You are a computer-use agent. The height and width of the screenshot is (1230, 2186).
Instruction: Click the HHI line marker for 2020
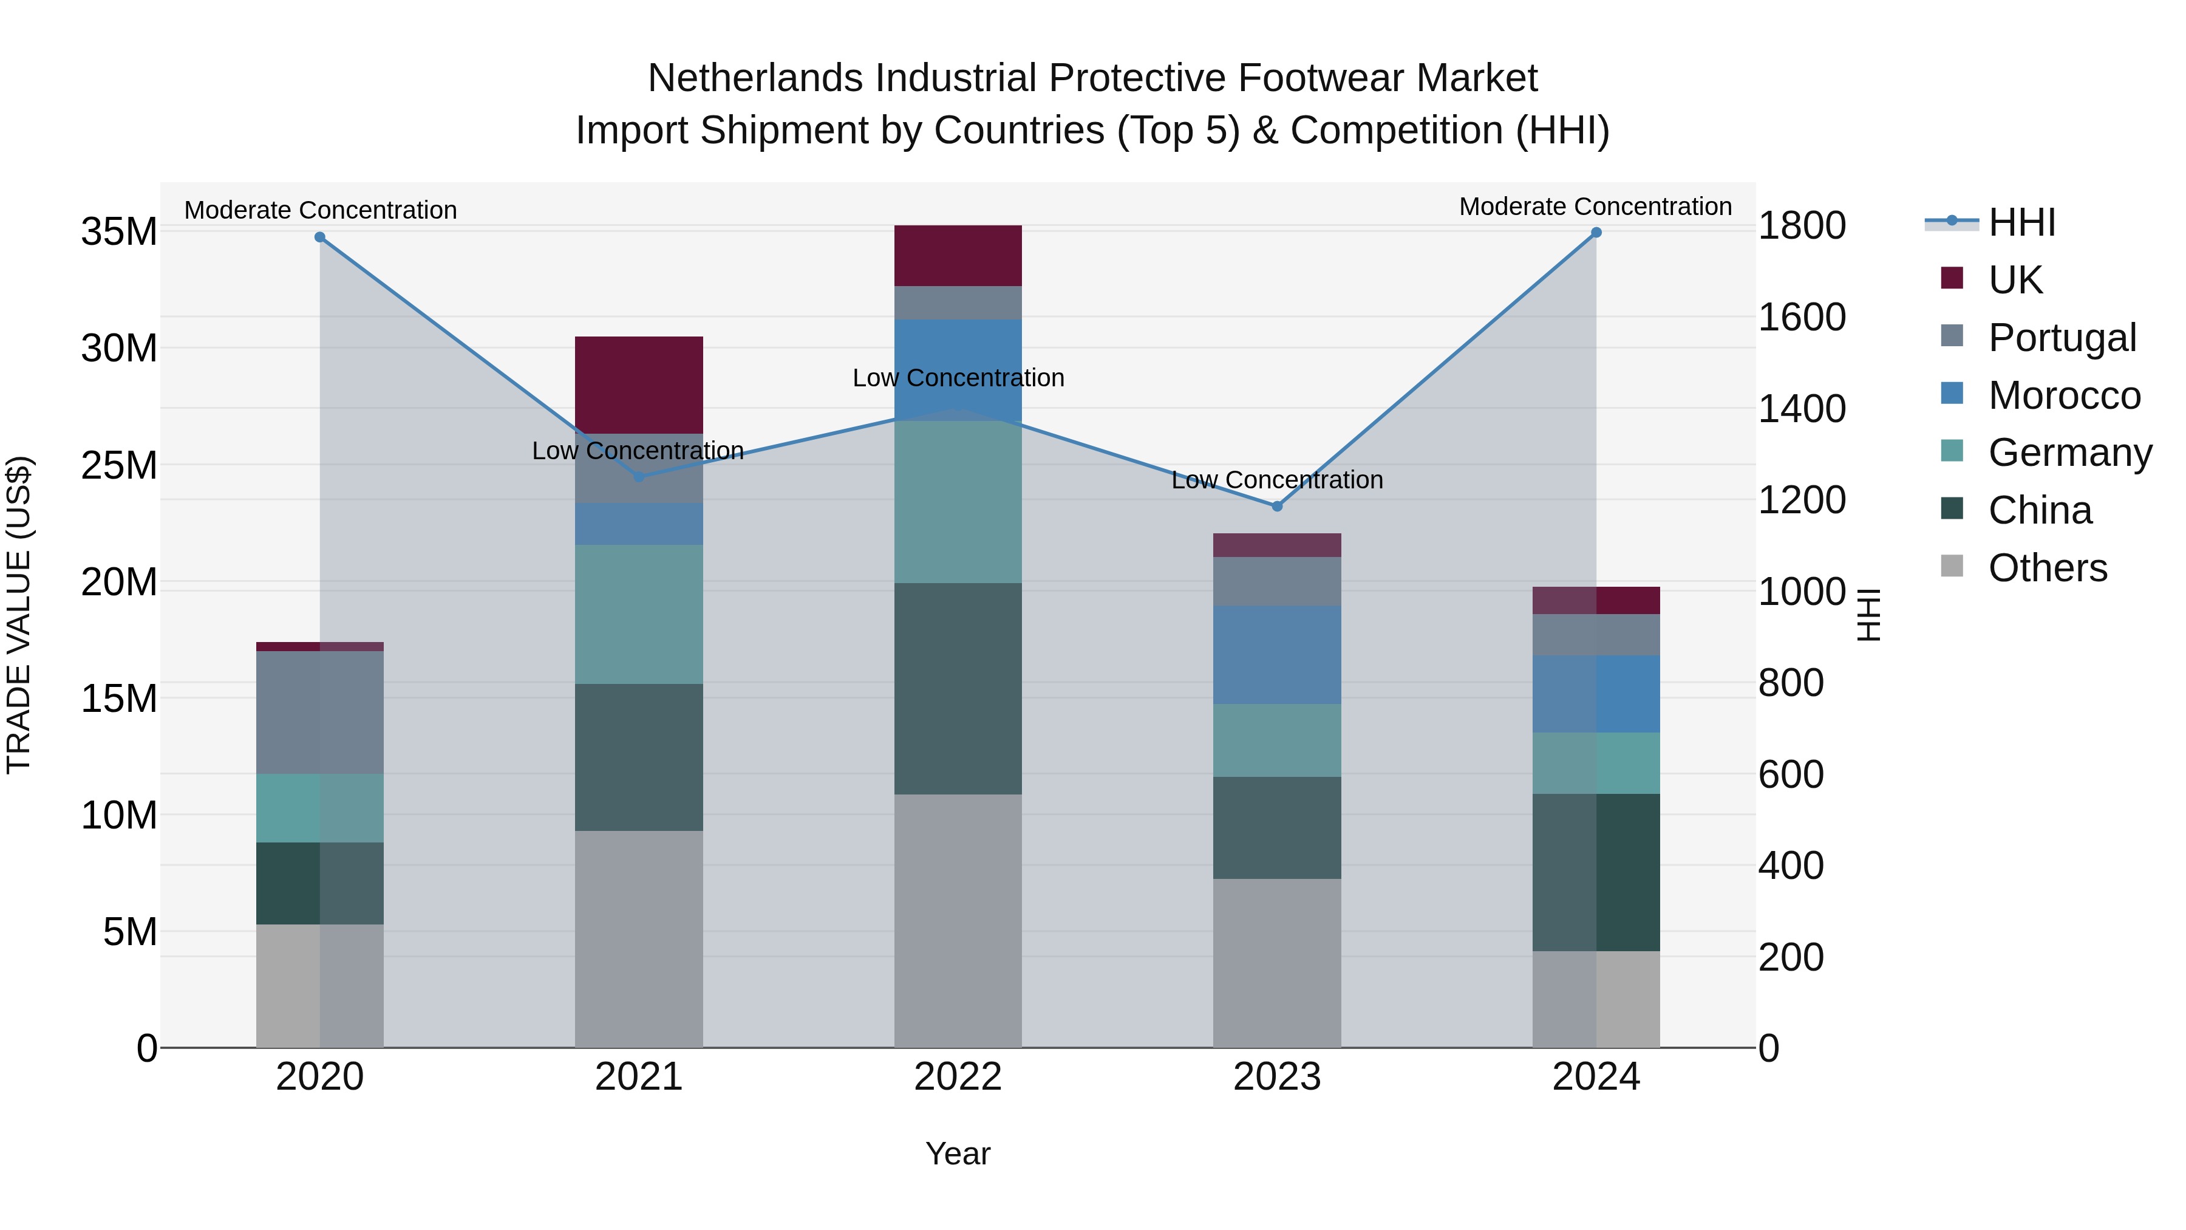click(320, 237)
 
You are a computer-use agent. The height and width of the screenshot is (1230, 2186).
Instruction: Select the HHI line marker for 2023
click(1276, 506)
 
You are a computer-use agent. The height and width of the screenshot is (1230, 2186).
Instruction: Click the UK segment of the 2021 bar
click(638, 384)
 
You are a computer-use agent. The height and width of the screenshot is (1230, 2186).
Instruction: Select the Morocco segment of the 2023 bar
click(1276, 654)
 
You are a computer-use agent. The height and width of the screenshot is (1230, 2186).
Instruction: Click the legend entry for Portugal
click(2062, 338)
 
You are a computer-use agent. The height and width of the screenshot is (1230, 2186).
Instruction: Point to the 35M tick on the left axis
click(119, 232)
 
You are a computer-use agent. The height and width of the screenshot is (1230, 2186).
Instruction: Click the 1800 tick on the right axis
click(1802, 226)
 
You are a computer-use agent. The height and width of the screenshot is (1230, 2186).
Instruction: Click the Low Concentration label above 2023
click(1276, 480)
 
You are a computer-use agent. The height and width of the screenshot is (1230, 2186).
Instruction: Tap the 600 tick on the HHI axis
click(1791, 774)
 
